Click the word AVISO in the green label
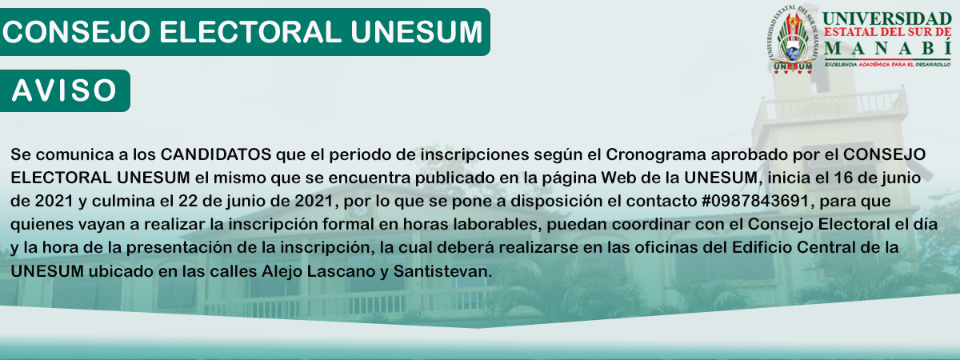[x=64, y=90]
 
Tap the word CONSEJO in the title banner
[x=76, y=32]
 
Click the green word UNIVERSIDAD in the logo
[x=886, y=19]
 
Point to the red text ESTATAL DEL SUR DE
[x=886, y=32]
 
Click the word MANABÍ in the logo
[x=886, y=47]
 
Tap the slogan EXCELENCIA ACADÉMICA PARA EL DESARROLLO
[x=887, y=65]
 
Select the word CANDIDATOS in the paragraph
[x=216, y=154]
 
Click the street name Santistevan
[x=442, y=271]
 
